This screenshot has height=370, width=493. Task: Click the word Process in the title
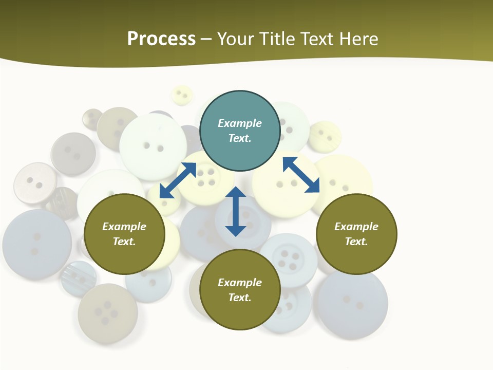point(161,39)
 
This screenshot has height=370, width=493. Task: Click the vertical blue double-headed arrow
point(236,211)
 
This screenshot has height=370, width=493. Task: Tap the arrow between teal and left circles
point(178,180)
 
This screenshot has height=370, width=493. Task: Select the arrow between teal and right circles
point(301,175)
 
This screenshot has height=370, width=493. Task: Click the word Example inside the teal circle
point(240,123)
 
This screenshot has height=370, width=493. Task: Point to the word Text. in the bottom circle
point(240,298)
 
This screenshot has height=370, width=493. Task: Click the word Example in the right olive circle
point(356,227)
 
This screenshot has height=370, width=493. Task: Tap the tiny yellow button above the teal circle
point(181,95)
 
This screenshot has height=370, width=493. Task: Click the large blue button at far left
point(36,244)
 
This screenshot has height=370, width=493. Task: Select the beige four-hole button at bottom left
point(107,313)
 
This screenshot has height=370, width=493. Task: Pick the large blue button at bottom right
point(352,303)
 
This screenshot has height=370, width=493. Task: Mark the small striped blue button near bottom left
point(78,278)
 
